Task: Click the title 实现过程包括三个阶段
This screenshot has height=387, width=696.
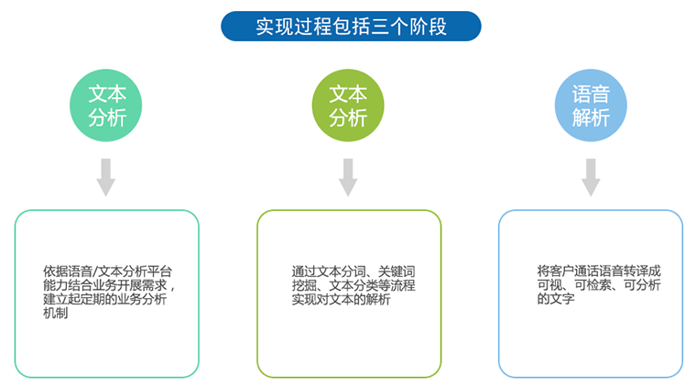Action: [x=351, y=27]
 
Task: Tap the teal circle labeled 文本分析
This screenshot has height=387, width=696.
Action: [x=105, y=105]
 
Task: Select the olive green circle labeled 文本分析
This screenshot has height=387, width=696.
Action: [x=348, y=105]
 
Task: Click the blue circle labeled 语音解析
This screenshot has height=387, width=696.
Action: [x=591, y=105]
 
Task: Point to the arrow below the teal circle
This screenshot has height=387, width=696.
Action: [x=106, y=177]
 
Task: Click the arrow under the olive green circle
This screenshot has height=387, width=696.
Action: [x=348, y=177]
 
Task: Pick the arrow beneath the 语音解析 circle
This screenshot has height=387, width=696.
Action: [x=591, y=177]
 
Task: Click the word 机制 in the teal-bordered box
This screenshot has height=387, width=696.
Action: [x=56, y=314]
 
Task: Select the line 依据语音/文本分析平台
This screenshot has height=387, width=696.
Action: [x=107, y=271]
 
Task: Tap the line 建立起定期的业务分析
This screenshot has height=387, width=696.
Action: [x=104, y=299]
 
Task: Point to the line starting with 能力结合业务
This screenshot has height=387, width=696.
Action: [x=109, y=285]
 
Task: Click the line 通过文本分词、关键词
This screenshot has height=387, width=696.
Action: [x=353, y=271]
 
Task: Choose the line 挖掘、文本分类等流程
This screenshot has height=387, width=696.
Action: [x=353, y=285]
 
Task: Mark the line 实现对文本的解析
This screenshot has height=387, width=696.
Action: [x=341, y=299]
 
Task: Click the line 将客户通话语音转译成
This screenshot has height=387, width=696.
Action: [x=599, y=271]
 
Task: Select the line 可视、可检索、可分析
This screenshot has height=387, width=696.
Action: [x=599, y=284]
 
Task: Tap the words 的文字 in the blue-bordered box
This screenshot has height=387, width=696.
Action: [x=556, y=298]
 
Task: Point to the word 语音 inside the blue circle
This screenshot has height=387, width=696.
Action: [x=591, y=94]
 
